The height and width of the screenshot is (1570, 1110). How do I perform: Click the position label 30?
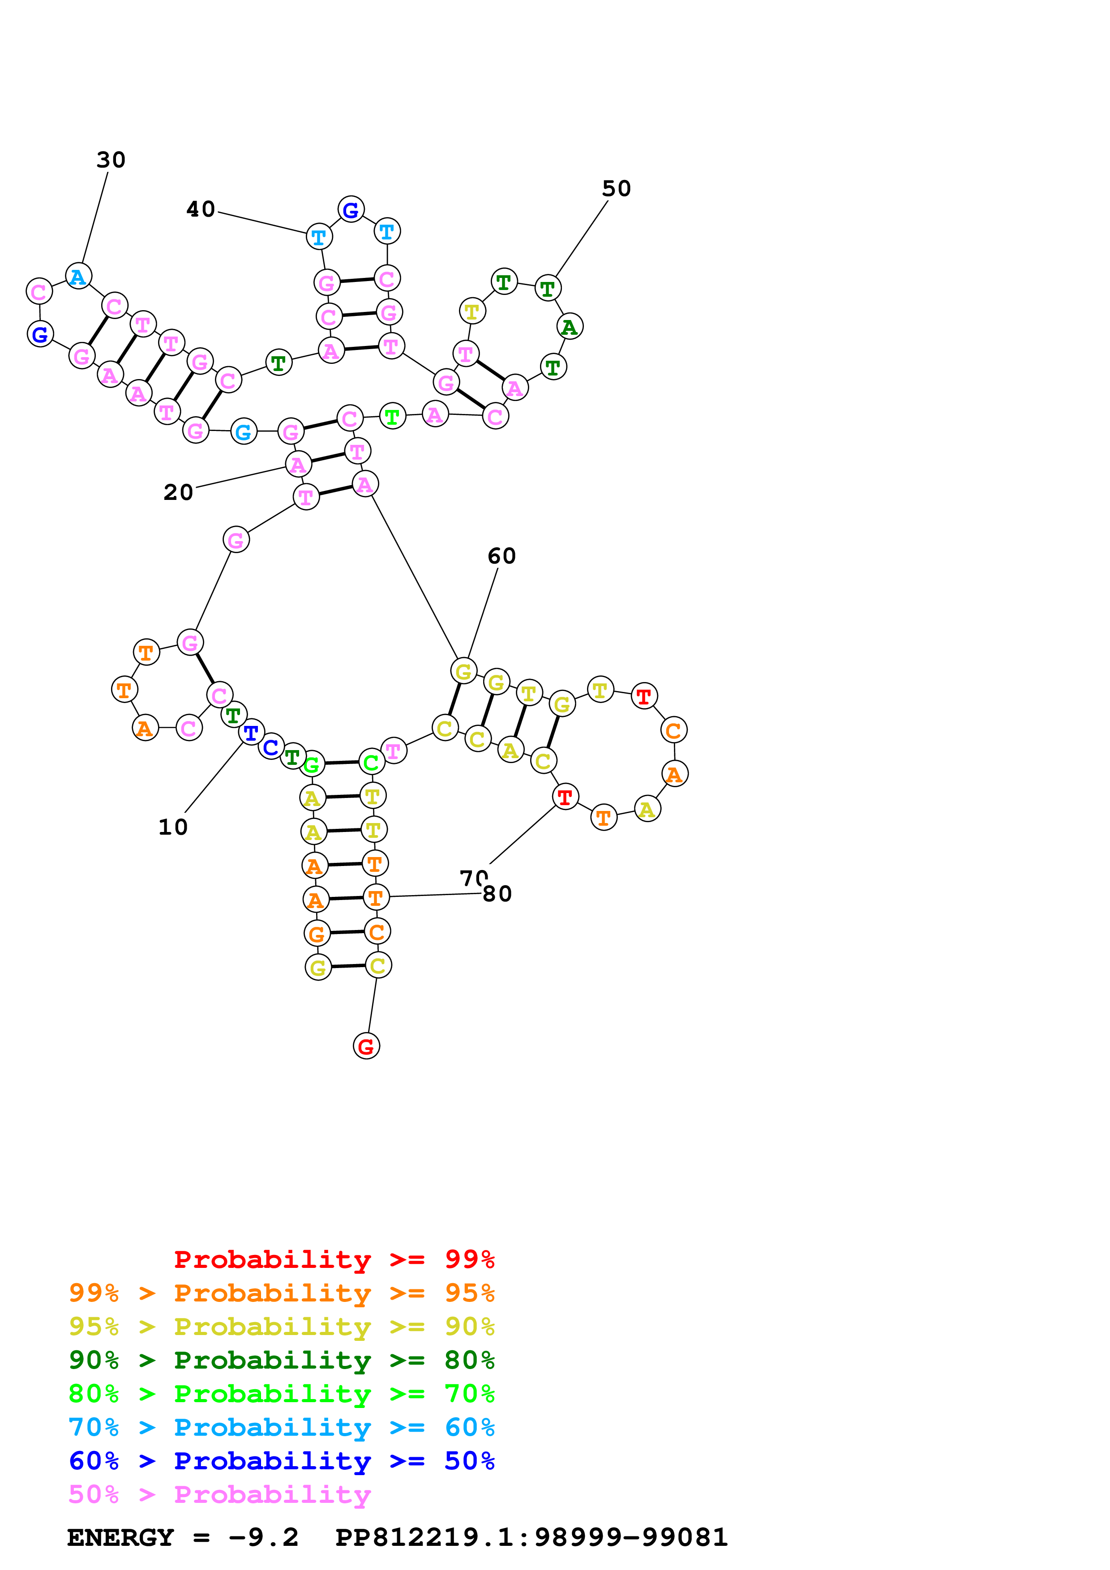click(x=111, y=160)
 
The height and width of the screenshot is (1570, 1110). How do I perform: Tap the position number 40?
click(x=201, y=209)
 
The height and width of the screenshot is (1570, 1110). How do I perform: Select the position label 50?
click(x=616, y=189)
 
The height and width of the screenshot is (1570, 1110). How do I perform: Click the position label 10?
click(x=173, y=828)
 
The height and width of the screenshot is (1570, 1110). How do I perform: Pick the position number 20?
click(x=179, y=492)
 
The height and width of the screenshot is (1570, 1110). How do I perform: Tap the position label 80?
click(x=497, y=894)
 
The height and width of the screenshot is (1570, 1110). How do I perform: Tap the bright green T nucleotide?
click(x=392, y=416)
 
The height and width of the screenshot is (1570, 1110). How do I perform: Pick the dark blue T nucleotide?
click(x=251, y=733)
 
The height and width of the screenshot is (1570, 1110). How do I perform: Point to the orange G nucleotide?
click(x=317, y=934)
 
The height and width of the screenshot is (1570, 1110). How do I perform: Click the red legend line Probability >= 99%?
click(x=334, y=1259)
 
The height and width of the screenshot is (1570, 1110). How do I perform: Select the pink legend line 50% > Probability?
click(x=219, y=1495)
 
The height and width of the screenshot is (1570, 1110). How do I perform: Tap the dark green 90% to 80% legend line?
click(x=281, y=1361)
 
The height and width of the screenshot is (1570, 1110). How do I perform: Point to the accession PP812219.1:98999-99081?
click(x=531, y=1538)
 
